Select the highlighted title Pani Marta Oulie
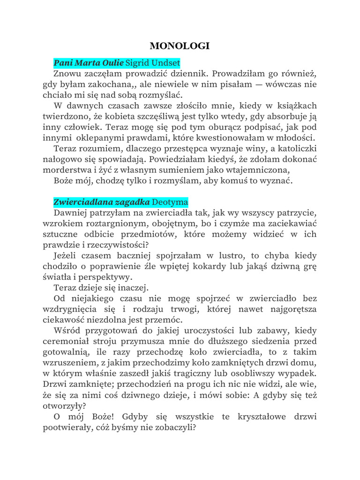(89, 62)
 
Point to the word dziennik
(187, 74)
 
